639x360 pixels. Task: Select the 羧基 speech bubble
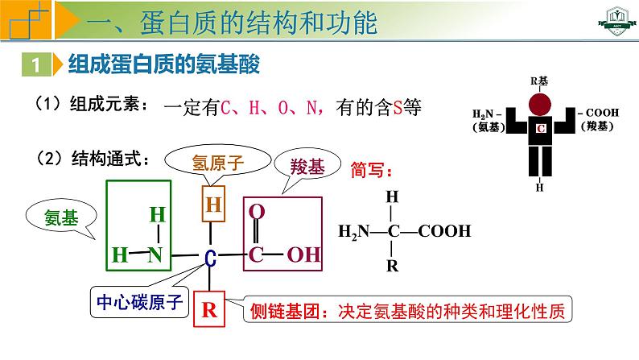pos(307,167)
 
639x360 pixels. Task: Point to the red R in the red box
pos(209,311)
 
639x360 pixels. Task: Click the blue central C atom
pos(210,258)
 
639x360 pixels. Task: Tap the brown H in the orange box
pos(212,205)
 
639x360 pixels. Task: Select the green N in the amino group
pos(156,255)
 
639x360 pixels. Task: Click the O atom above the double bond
pos(257,212)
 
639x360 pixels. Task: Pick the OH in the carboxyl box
pos(303,255)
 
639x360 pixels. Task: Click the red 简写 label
pos(373,171)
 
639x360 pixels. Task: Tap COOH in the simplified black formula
pos(444,232)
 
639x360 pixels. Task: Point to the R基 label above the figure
pos(540,81)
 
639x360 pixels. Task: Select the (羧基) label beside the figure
pos(596,126)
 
